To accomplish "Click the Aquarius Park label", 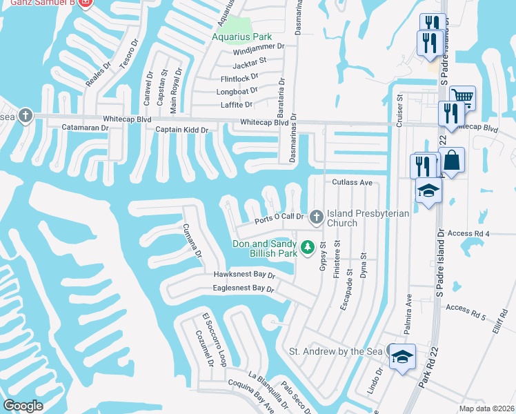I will [241, 37].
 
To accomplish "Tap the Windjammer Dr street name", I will [259, 47].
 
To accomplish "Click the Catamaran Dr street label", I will [85, 128].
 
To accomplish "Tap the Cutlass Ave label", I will [352, 183].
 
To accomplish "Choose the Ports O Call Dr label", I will [279, 219].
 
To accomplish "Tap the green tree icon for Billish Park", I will [308, 246].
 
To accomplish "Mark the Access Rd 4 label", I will [468, 234].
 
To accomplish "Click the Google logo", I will [23, 405].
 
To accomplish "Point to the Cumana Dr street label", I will [192, 240].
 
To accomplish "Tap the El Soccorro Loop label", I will [214, 339].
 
